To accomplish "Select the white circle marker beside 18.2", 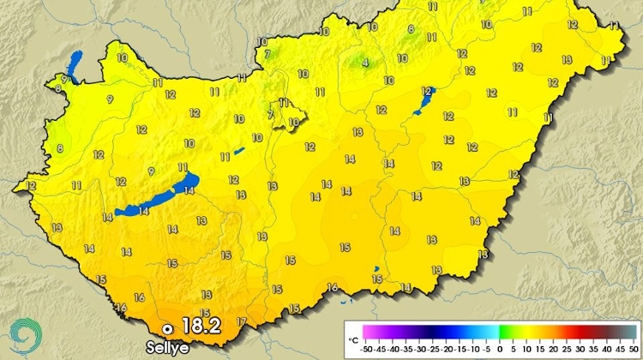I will pos(168,328).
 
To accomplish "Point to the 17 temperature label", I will pos(242,322).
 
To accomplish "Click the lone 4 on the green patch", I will pos(365,63).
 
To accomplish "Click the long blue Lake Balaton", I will pos(159,195).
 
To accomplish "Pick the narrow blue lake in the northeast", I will pos(424,102).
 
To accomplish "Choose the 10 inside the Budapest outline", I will pos(293,122).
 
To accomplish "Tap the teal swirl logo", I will pos(24,335).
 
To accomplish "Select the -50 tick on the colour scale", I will pos(366,349).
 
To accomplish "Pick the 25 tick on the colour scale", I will pos(567,349).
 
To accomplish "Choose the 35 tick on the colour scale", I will pos(593,349).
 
